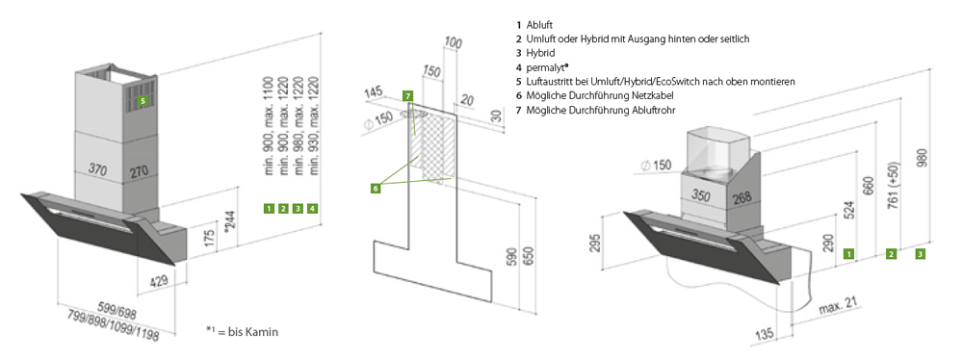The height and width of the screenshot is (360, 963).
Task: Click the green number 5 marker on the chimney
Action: click(x=143, y=100)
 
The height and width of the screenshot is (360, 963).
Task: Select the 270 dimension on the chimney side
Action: click(x=140, y=172)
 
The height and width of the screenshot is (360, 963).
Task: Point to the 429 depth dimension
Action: click(x=160, y=283)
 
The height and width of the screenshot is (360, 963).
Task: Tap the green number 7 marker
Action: click(x=408, y=96)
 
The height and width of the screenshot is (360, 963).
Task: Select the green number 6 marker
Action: click(x=376, y=188)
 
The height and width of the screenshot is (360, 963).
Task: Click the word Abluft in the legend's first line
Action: click(x=540, y=25)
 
